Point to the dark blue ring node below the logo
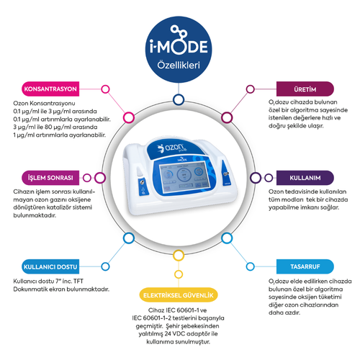(179, 99)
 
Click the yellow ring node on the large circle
(179, 274)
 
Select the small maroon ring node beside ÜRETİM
(253, 89)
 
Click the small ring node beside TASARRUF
(253, 265)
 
